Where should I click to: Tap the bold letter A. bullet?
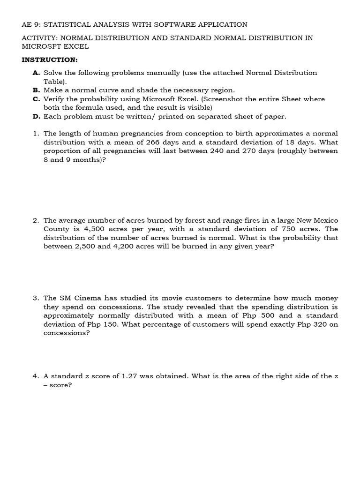pos(37,73)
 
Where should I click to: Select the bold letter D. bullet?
pos(37,116)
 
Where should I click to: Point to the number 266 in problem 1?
pos(154,142)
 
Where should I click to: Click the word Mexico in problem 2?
pos(324,220)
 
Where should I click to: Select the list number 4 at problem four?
pos(35,376)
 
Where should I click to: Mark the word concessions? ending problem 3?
pos(66,333)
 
